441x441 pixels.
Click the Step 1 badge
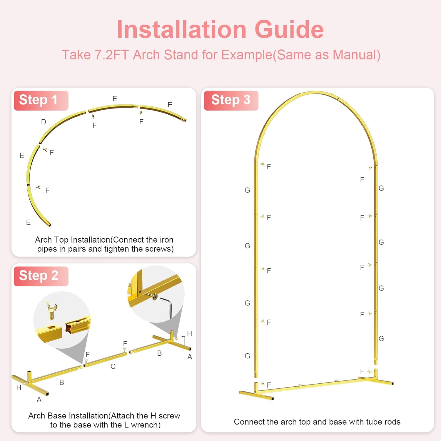(x=41, y=101)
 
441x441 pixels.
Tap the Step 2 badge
(x=41, y=276)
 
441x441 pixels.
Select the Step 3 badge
(x=231, y=101)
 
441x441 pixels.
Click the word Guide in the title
(x=289, y=29)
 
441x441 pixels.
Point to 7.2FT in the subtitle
(x=112, y=55)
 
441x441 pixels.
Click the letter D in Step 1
(x=44, y=122)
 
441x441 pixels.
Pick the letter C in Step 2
(x=113, y=366)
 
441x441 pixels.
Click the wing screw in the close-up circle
(x=51, y=310)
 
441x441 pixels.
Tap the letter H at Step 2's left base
(x=19, y=387)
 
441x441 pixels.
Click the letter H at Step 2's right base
(x=190, y=333)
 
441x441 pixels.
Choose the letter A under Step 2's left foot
(x=39, y=400)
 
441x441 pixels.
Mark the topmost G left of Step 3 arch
(x=247, y=190)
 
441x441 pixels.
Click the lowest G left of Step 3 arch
(x=247, y=356)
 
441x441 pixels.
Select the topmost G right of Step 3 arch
(x=381, y=188)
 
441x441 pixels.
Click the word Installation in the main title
(x=182, y=29)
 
